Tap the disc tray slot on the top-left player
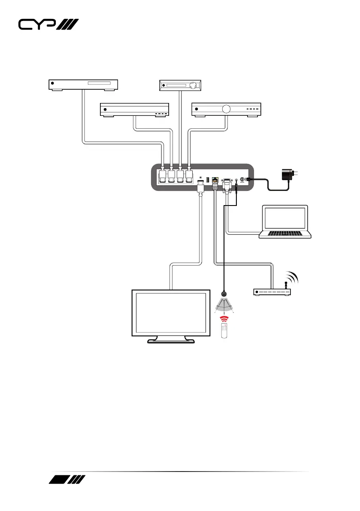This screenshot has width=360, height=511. [99, 83]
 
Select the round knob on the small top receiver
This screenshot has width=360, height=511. [193, 85]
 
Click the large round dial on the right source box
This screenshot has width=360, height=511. [226, 109]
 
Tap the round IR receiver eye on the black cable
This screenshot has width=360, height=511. [224, 295]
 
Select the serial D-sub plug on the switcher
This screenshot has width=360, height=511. [226, 186]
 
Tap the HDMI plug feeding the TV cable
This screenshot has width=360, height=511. [200, 187]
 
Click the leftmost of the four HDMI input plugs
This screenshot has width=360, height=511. [163, 176]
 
